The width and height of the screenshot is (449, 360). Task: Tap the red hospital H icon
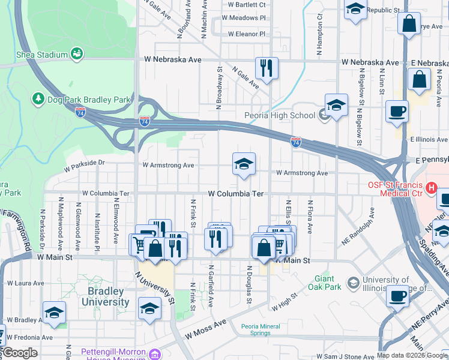pos(430,188)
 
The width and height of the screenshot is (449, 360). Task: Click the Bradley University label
pos(106,297)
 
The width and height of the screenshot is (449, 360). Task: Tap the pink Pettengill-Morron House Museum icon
pos(155,354)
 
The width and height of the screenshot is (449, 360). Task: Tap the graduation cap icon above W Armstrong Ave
pos(244,164)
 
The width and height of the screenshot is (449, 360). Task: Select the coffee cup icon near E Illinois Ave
pos(396,112)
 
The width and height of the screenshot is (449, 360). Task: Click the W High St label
pos(285,302)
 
